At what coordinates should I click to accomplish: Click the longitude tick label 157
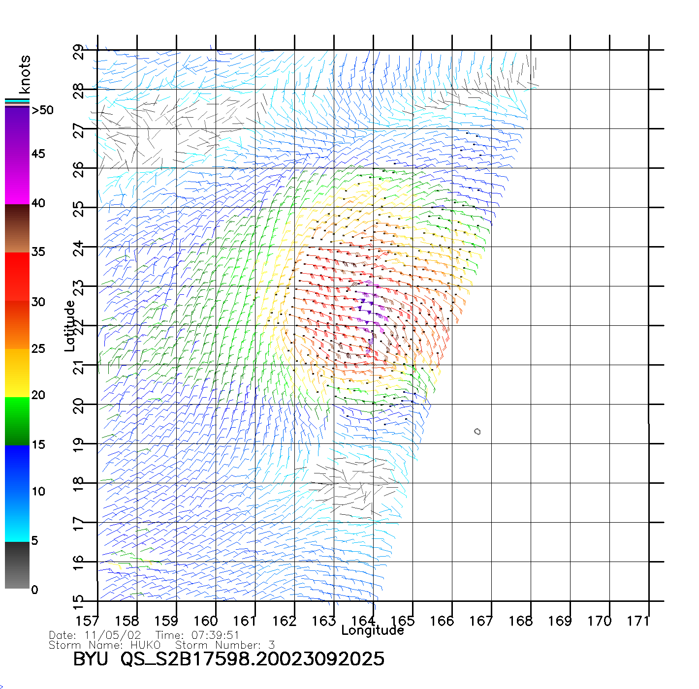point(87,621)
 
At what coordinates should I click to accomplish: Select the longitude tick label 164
point(363,621)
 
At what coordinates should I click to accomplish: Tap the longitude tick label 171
point(638,621)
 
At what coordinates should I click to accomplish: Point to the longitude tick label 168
point(520,621)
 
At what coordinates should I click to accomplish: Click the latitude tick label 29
point(79,52)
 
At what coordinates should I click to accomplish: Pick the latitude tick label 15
point(79,600)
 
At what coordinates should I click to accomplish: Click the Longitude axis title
point(373,630)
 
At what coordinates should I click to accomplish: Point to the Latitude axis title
point(69,325)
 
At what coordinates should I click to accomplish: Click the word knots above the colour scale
point(24,74)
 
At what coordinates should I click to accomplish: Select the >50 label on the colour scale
point(43,110)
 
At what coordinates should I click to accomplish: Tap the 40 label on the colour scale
point(38,203)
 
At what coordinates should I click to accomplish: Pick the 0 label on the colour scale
point(34,590)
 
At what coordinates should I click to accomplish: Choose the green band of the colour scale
point(17,421)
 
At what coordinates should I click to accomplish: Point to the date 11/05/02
point(113,635)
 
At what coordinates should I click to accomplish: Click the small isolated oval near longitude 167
point(477,432)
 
